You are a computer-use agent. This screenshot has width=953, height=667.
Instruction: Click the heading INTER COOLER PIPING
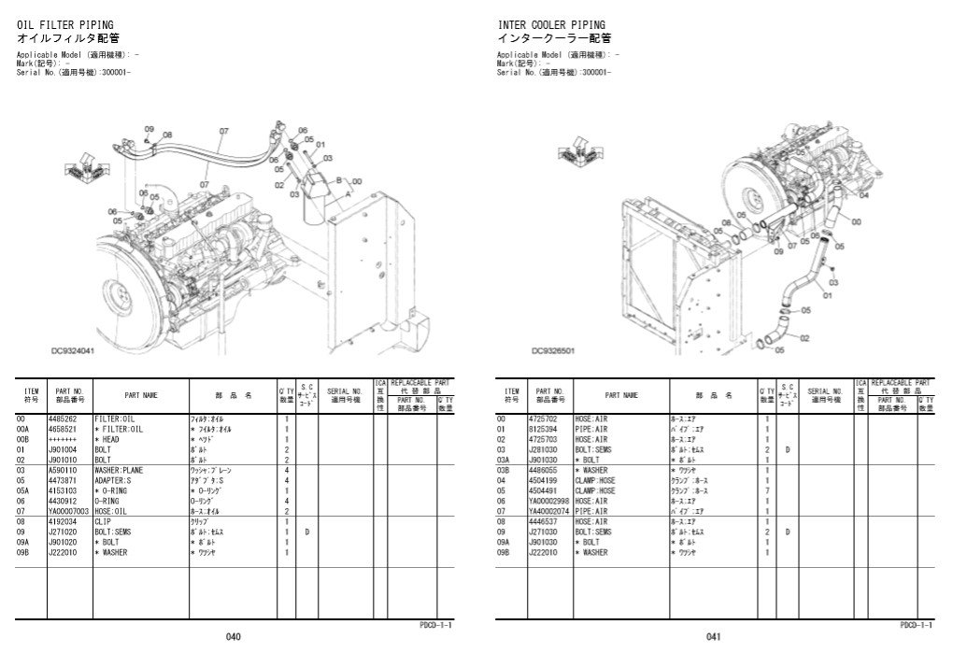(550, 24)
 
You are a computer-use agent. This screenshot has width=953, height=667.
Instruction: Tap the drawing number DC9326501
(553, 351)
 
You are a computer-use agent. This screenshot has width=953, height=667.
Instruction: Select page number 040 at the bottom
(233, 637)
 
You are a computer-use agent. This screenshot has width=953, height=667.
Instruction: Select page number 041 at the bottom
(713, 637)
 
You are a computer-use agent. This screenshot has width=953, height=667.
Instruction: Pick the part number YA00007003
(69, 511)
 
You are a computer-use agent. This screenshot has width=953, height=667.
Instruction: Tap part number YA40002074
(549, 511)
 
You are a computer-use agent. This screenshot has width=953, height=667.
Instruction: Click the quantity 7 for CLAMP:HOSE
(767, 490)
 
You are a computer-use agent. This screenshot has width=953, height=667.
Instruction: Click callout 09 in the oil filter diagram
(149, 128)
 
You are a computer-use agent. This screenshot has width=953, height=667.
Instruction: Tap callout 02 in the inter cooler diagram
(804, 338)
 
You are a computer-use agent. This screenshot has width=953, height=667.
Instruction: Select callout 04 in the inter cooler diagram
(863, 196)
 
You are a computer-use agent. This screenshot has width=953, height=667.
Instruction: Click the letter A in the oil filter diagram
(348, 191)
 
